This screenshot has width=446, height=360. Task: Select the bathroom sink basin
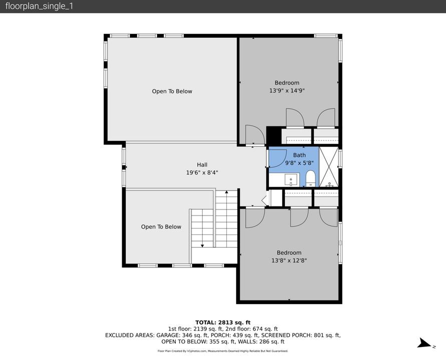pos(290,178)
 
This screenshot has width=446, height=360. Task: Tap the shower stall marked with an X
pos(328,166)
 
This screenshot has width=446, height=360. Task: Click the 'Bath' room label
pos(299,155)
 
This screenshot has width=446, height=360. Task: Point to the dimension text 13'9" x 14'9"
pos(287,91)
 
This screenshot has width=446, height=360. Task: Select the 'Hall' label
pos(202,164)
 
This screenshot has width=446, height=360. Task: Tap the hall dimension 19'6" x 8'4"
pos(202,172)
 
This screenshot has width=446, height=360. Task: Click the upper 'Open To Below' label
pos(172,91)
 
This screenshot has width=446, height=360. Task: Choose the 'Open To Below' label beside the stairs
pos(161,227)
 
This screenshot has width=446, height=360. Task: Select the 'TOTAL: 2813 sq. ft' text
pos(223,322)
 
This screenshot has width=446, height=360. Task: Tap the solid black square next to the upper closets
pos(273,135)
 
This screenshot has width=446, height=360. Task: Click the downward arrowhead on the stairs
pos(202,245)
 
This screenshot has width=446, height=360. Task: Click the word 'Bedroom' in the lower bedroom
pos(289,253)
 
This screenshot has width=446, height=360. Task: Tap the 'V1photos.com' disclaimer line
pos(223,351)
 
